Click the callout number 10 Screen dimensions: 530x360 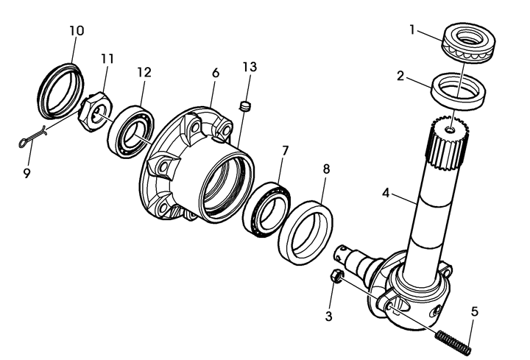tap(77, 31)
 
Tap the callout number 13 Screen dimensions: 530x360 tap(250, 67)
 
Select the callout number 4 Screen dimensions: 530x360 tap(386, 194)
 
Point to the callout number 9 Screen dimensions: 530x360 tap(26, 174)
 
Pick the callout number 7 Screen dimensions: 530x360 tap(286, 151)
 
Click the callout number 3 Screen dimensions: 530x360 tap(328, 317)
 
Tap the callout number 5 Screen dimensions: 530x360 tap(475, 311)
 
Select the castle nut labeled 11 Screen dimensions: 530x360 tap(95, 112)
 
